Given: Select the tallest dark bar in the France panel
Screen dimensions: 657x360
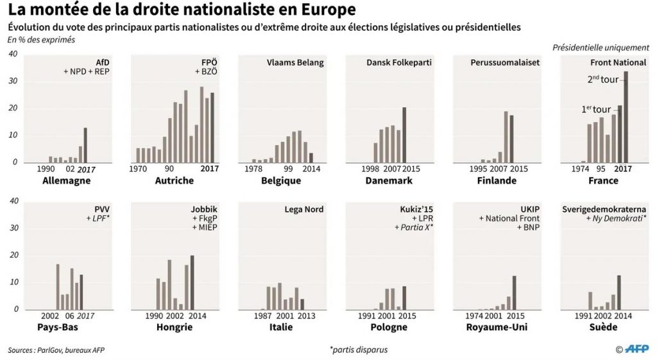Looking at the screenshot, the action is coord(626,117).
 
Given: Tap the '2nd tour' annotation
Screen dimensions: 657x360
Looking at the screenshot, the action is coord(602,79).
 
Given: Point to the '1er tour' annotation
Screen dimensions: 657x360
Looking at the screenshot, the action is coord(596,109).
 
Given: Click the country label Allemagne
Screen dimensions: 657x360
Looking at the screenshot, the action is coord(67,180).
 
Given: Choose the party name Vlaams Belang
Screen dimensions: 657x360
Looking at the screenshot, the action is coord(295,63).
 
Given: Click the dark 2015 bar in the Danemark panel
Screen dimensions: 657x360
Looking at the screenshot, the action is coord(404,135).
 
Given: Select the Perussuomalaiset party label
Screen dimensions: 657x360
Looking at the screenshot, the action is coord(505,63).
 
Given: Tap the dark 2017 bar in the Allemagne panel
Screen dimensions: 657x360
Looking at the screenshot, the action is coord(85,145).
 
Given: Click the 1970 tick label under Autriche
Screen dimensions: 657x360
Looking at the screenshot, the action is coord(138,169).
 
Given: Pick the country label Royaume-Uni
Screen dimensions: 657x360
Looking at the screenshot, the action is coord(497,327).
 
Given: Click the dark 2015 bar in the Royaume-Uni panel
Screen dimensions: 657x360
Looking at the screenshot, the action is coord(514,293).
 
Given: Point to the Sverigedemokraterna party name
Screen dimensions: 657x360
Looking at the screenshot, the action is coord(604,209).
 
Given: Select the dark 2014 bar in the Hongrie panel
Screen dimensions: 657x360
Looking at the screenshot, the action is coord(192,282).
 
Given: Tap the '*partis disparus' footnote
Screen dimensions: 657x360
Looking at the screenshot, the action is coord(359,350).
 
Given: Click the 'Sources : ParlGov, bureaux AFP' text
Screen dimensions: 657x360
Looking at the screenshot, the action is coord(56,350).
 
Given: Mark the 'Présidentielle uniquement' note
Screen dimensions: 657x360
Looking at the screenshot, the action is coord(601,47).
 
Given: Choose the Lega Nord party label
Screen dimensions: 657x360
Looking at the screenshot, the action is coord(303,209).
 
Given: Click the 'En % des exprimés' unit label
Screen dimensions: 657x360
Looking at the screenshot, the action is coord(41,40).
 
